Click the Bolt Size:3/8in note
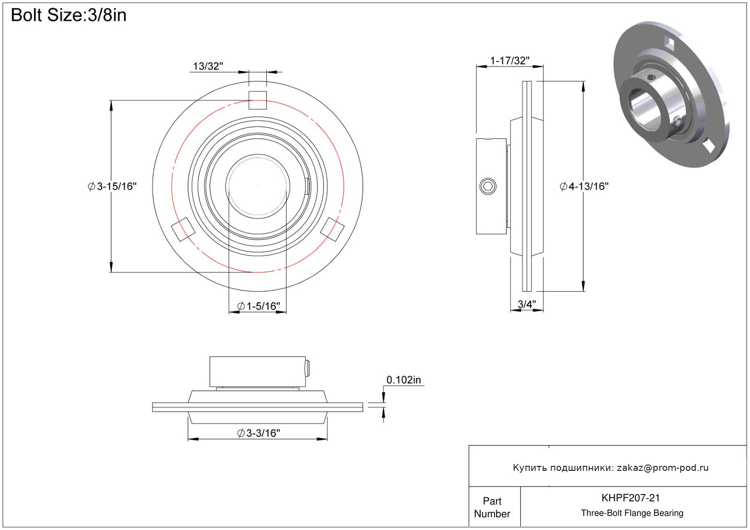[x=69, y=15]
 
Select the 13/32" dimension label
[x=208, y=66]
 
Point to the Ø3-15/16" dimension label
[x=112, y=187]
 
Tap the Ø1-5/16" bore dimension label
[x=259, y=306]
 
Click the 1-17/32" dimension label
[x=510, y=61]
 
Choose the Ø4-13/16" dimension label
[x=584, y=187]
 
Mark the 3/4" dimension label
[x=527, y=304]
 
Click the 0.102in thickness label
[x=403, y=380]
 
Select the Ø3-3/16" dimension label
[x=259, y=433]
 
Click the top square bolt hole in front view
[x=257, y=101]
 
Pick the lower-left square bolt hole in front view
[x=183, y=229]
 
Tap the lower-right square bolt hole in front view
[x=332, y=229]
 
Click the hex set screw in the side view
[x=488, y=187]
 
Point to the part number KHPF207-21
[x=631, y=498]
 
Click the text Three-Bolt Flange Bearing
[x=632, y=513]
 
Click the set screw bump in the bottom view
[x=307, y=368]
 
